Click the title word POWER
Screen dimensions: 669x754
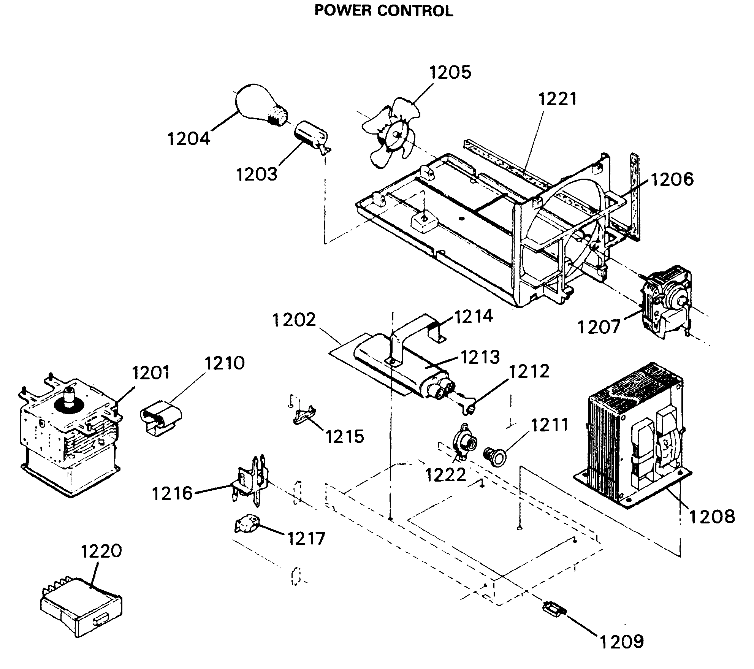[342, 11]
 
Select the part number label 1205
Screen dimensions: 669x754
[450, 72]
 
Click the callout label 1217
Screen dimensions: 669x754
[306, 539]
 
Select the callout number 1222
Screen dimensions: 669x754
[445, 475]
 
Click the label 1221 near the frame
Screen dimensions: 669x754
[558, 99]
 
